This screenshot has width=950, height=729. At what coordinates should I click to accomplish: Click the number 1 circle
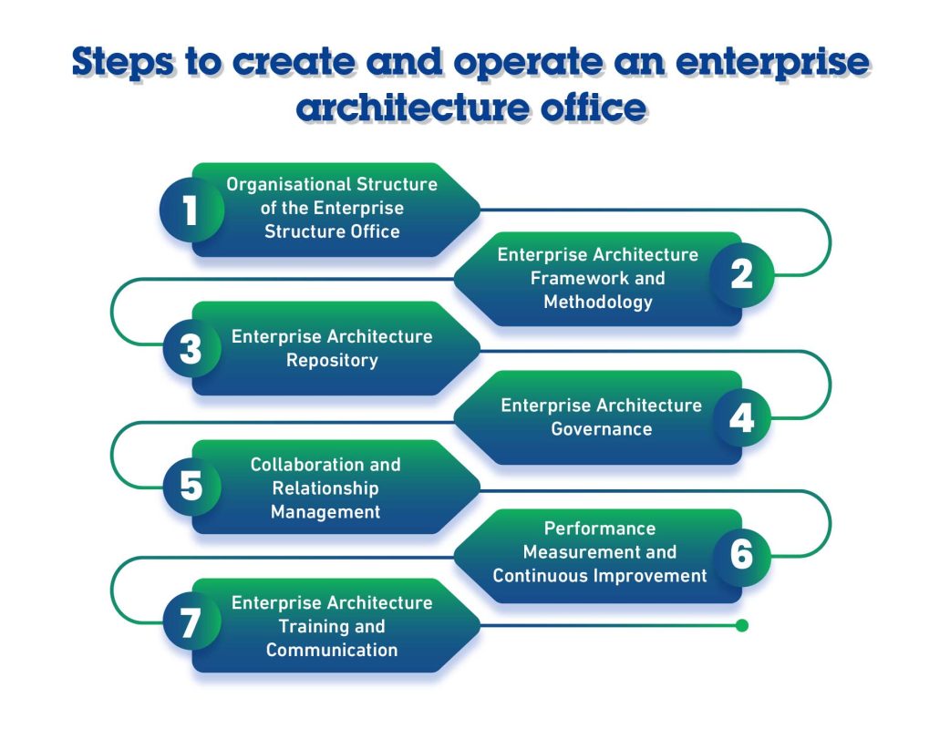(191, 210)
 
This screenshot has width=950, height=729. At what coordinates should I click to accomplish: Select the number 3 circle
(191, 349)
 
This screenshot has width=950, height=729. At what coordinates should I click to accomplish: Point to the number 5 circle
(191, 487)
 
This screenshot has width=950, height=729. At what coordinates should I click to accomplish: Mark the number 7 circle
(191, 624)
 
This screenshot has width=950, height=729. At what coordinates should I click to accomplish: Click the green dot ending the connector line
(742, 625)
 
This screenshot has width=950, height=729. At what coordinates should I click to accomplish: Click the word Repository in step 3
(332, 361)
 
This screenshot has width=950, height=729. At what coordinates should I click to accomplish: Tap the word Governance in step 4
(602, 429)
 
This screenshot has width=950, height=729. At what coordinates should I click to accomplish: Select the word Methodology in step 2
(598, 303)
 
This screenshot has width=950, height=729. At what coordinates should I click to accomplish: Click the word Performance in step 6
(600, 529)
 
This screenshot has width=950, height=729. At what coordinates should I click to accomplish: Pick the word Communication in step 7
(332, 651)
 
